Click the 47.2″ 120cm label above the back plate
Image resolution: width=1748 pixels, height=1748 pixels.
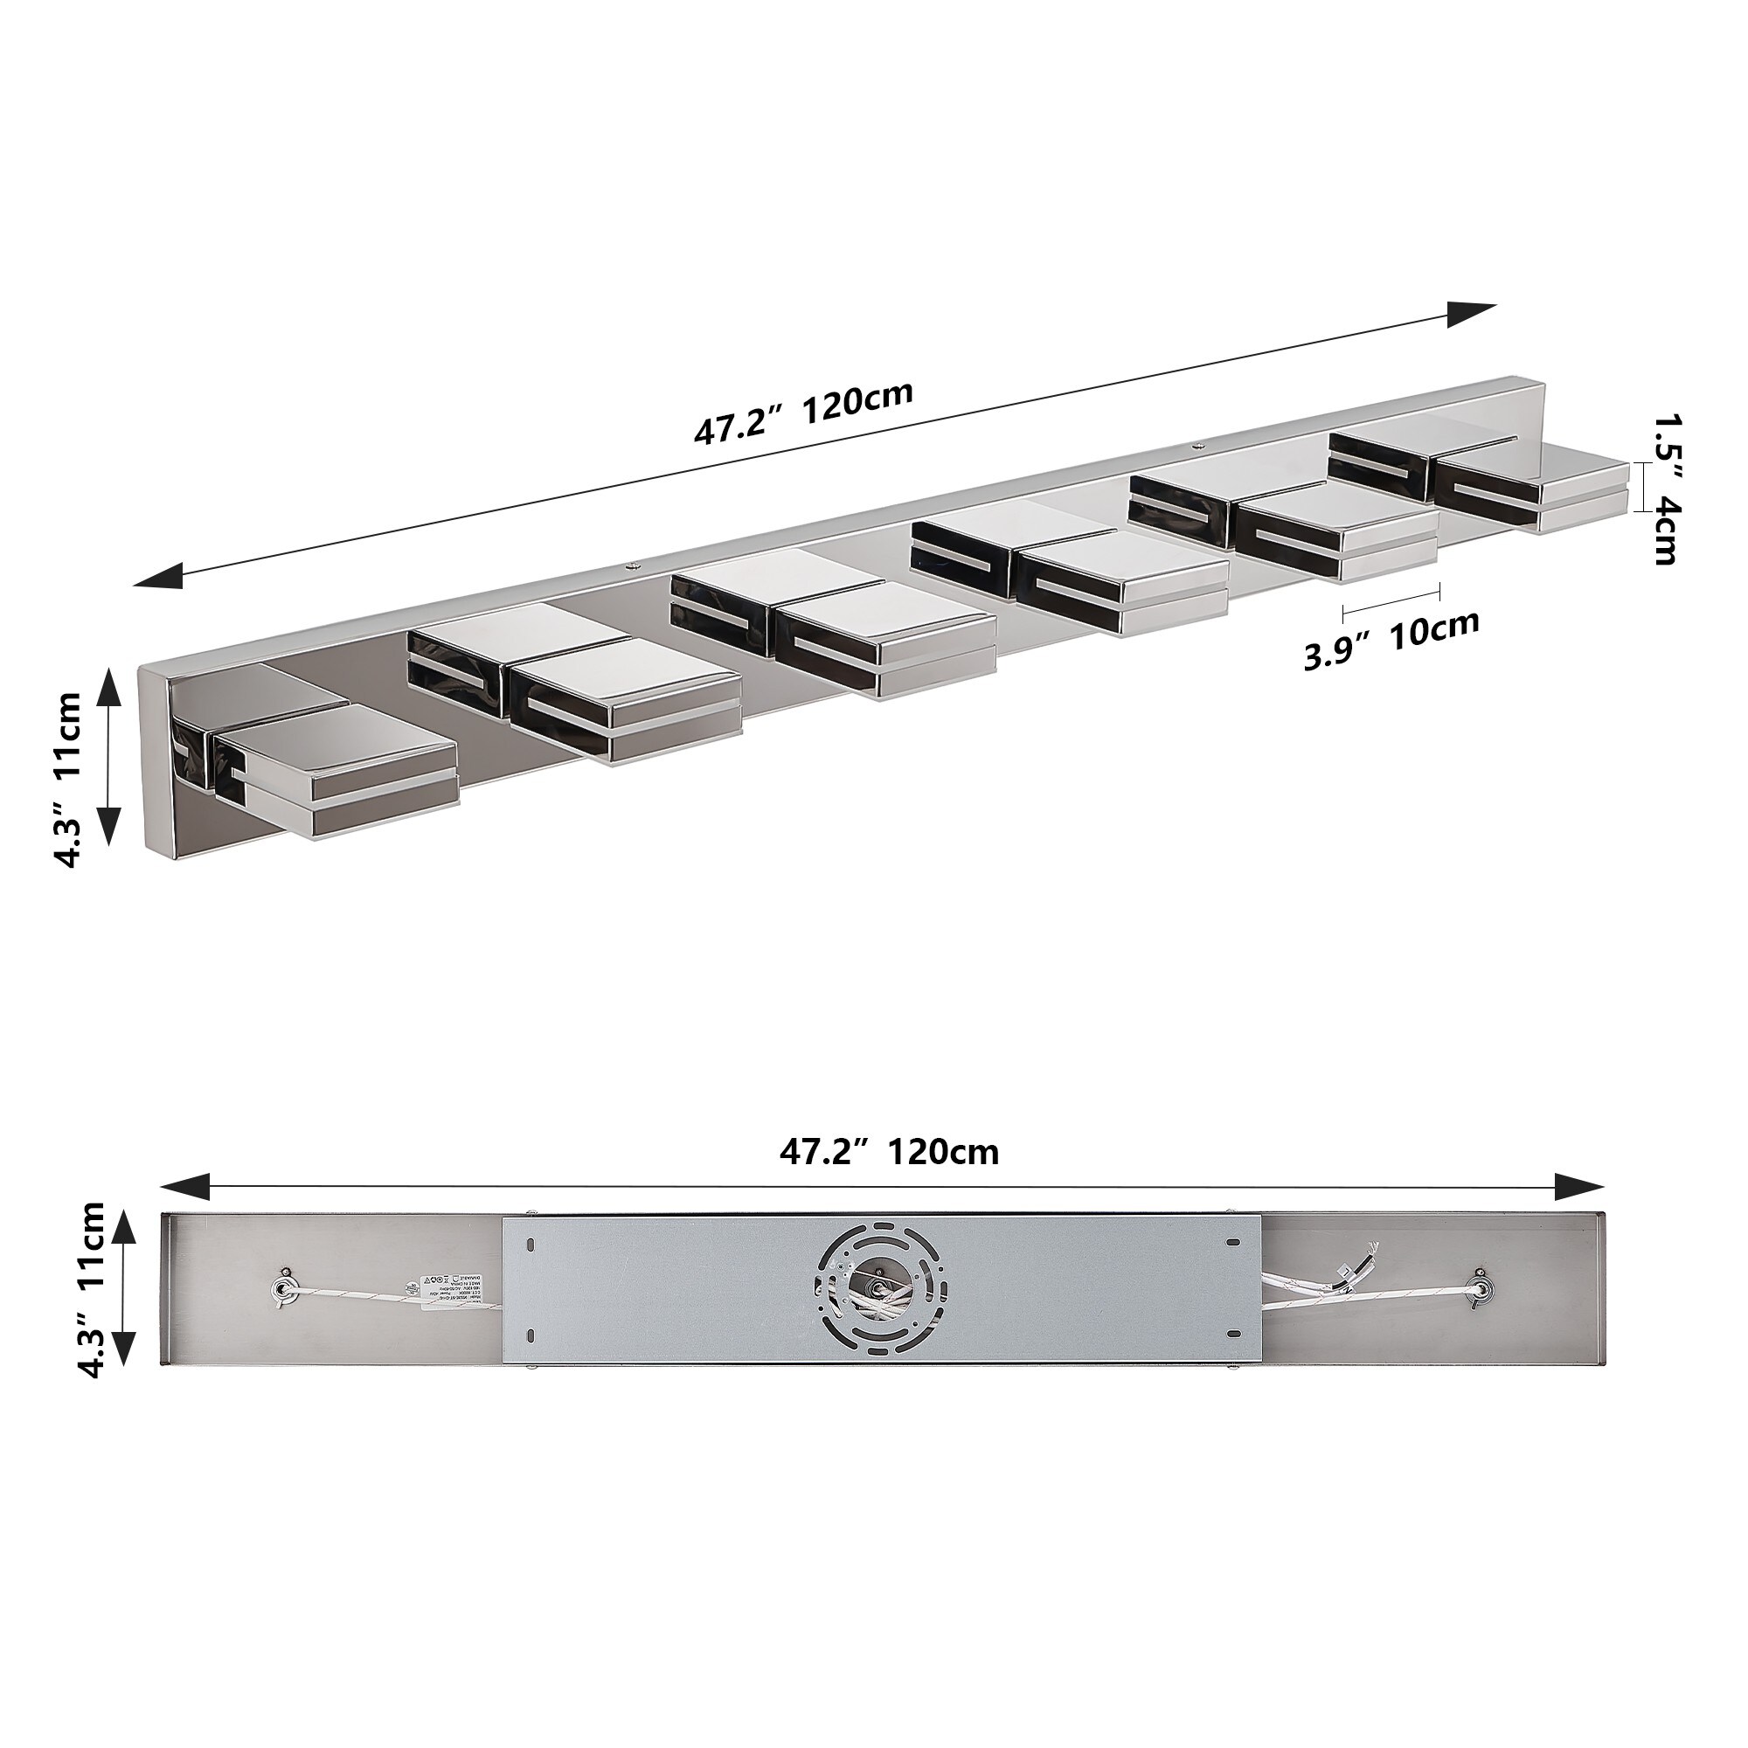(x=890, y=1152)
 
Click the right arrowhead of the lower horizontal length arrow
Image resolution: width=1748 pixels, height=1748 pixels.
(x=1578, y=1186)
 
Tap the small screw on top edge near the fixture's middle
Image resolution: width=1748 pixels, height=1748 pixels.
(x=631, y=566)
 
